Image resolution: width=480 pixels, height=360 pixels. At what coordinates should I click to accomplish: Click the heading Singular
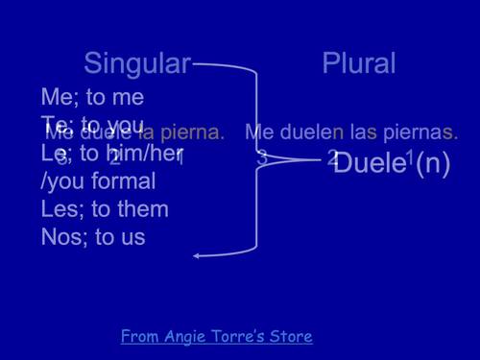tap(137, 64)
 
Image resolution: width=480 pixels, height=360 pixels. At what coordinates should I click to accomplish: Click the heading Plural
tap(359, 64)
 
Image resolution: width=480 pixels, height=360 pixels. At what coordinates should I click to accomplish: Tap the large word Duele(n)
tap(392, 162)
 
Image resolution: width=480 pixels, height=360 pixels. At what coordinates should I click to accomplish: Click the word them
tap(139, 209)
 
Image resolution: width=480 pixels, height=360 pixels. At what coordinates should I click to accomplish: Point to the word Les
tap(59, 209)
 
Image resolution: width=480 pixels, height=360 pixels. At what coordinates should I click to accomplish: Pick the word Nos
tap(60, 237)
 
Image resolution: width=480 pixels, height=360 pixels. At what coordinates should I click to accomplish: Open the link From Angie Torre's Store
tap(217, 336)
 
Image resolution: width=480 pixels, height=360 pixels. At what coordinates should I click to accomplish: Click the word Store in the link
tap(290, 336)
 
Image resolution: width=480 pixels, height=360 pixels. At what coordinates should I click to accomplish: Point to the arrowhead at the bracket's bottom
tap(197, 255)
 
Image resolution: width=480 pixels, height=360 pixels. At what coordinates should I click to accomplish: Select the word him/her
tap(145, 154)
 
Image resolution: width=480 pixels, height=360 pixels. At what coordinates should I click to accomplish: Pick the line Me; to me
tap(92, 97)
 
